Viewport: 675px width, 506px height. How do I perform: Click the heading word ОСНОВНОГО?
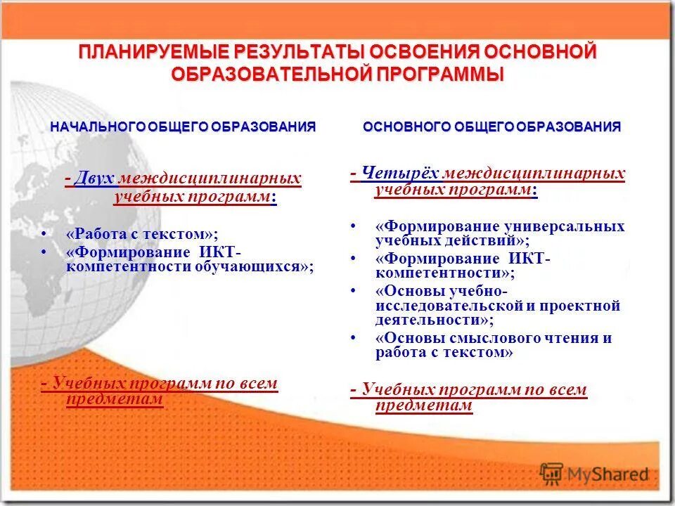[x=406, y=126]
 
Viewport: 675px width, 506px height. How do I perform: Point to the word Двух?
[x=94, y=179]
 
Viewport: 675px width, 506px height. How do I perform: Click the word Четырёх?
[x=401, y=173]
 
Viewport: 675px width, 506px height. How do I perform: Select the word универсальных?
[x=564, y=226]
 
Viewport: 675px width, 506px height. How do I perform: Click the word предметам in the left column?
[x=115, y=399]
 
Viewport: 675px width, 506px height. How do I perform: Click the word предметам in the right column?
[x=424, y=406]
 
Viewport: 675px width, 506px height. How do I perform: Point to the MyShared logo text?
[x=609, y=475]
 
